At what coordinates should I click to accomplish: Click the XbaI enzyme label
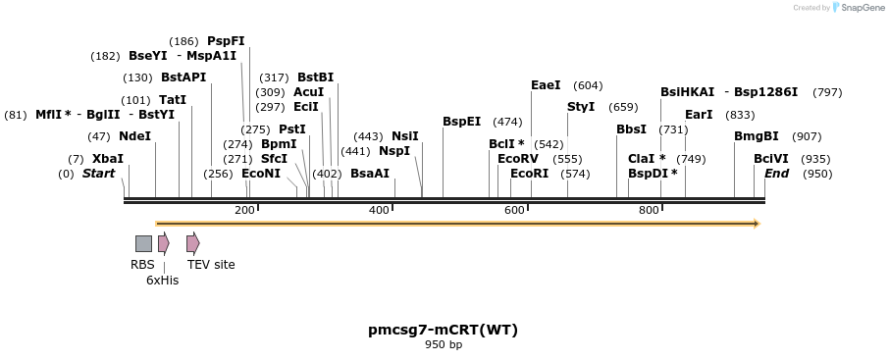tap(108, 159)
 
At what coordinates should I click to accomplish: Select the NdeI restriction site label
tap(134, 136)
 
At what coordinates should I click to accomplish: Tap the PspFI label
tap(226, 41)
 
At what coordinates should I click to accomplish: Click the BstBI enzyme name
tap(315, 77)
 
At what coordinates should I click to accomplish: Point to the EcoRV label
tap(518, 158)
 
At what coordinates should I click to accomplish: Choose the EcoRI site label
tap(529, 174)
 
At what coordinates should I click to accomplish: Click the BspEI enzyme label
tap(461, 122)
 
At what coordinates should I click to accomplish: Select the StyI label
tap(581, 107)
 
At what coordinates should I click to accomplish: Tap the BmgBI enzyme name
tap(756, 136)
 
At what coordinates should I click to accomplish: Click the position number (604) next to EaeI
tap(588, 85)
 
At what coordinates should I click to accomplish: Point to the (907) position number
tap(807, 136)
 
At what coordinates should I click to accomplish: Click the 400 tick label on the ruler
tap(379, 211)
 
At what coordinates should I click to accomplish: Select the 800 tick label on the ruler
tap(649, 211)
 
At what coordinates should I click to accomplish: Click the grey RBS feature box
tap(143, 243)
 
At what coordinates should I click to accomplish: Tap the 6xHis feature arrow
tap(164, 243)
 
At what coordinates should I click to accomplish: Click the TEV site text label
tap(211, 264)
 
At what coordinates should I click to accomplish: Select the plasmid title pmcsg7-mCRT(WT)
tap(443, 330)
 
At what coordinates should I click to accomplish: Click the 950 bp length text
tap(444, 345)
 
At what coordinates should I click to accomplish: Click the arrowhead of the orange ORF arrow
tap(756, 224)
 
